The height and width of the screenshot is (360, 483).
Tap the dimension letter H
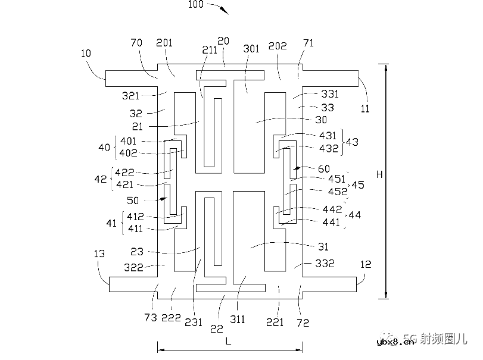[x=379, y=174]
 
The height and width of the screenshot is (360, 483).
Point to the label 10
[x=86, y=53]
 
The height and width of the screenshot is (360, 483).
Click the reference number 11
[x=365, y=109]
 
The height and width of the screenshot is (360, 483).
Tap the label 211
[x=210, y=51]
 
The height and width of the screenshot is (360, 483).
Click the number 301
[x=251, y=49]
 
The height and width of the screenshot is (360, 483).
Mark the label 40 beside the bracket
[x=104, y=146]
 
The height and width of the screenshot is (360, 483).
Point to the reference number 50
[x=133, y=201]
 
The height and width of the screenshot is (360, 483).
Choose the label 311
[x=237, y=320]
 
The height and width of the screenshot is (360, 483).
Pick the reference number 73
[x=151, y=318]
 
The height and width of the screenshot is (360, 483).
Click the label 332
[x=325, y=263]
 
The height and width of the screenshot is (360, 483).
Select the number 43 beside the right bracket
[x=352, y=143]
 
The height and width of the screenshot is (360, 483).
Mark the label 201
[x=164, y=43]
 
